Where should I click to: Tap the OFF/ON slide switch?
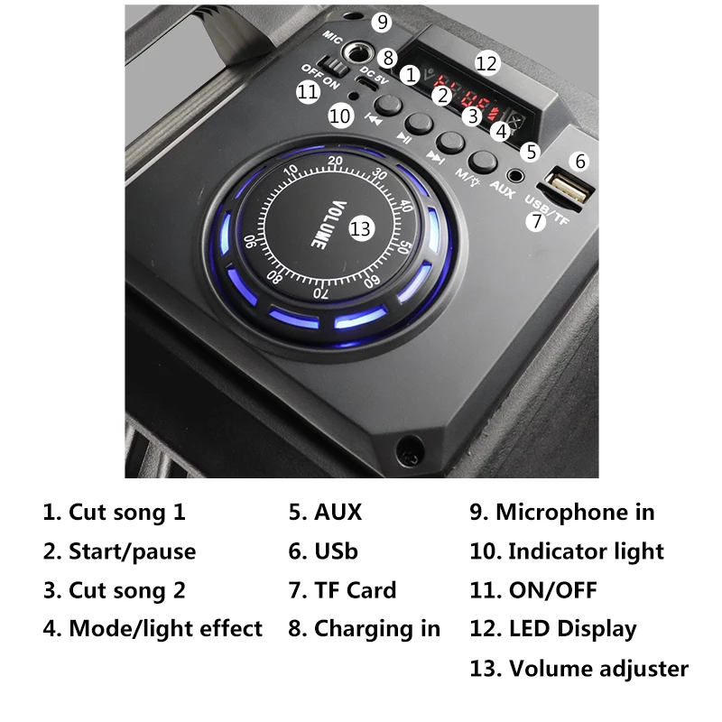337,68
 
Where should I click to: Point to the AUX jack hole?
517,177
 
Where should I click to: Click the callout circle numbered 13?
361,229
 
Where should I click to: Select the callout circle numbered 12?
486,63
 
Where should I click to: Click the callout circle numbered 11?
308,90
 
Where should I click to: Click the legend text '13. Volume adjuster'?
579,669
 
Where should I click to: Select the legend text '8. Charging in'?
365,628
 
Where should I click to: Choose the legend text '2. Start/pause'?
119,551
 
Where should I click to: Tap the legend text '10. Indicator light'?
566,551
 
